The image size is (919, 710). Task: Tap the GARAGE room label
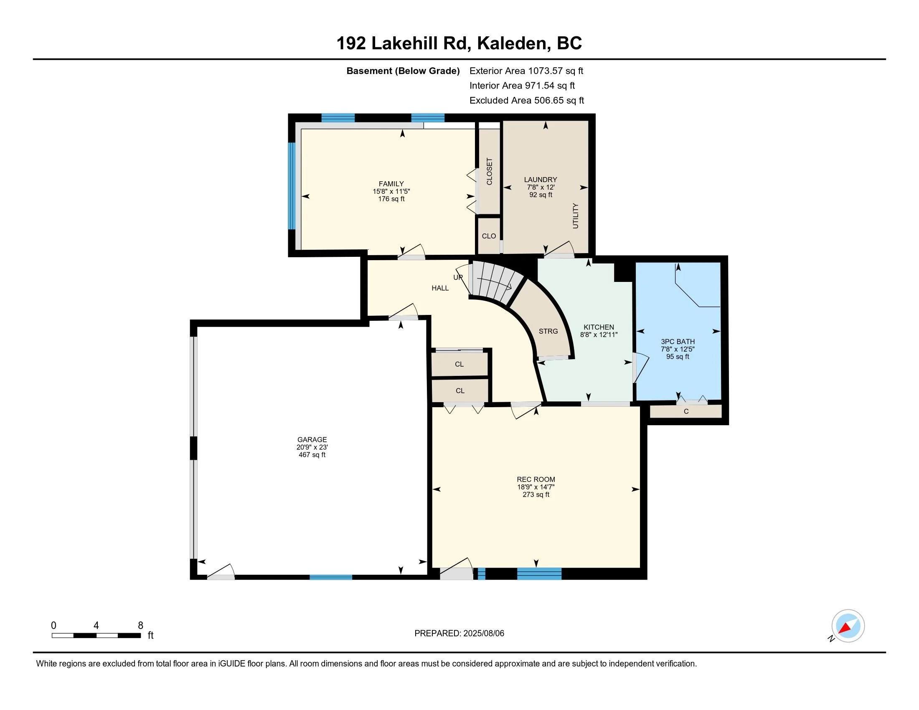point(312,439)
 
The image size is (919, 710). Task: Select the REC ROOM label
point(536,479)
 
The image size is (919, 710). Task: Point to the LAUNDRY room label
point(540,180)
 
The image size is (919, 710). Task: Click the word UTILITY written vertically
point(575,216)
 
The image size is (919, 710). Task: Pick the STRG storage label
point(548,332)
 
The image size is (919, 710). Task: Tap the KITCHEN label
point(598,327)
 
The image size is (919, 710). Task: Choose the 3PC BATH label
point(678,342)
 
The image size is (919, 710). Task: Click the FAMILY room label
point(391,184)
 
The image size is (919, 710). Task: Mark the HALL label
point(440,288)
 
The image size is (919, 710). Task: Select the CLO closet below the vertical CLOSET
point(489,236)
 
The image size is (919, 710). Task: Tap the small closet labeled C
point(686,411)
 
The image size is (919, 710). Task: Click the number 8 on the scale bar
point(140,626)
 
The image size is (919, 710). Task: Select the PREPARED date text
point(459,633)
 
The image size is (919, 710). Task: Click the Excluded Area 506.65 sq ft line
point(526,101)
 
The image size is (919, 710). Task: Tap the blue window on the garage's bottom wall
point(331,577)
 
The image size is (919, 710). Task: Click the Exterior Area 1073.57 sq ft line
point(526,71)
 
